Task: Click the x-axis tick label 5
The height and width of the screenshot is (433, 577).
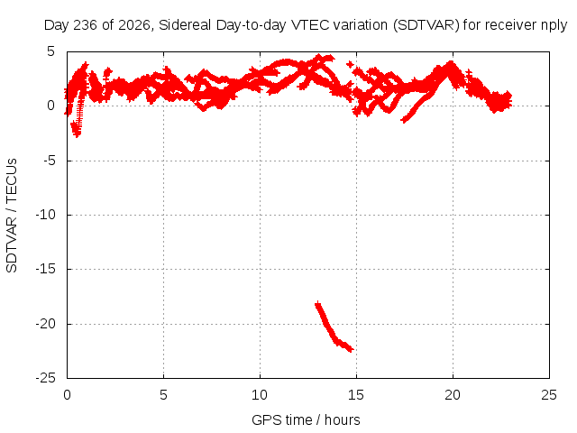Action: coord(163,395)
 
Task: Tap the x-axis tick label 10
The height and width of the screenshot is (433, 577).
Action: coord(260,395)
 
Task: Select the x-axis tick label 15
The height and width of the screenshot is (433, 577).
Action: coord(356,395)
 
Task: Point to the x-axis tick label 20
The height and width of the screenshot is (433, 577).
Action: coord(453,395)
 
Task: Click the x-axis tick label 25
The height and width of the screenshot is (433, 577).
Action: coord(549,395)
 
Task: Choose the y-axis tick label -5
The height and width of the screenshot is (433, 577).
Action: coord(48,161)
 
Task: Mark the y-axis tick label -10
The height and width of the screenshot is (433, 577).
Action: coord(45,215)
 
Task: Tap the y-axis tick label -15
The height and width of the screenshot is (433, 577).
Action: coord(45,269)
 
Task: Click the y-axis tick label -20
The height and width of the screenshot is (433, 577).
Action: coord(45,324)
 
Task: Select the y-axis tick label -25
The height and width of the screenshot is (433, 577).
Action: coord(45,378)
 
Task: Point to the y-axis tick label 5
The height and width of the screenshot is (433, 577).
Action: coord(50,51)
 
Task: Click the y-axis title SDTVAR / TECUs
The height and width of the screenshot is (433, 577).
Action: coord(12,216)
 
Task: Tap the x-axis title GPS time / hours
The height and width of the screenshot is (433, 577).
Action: coord(306,419)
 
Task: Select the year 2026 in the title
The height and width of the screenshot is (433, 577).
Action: coord(134,25)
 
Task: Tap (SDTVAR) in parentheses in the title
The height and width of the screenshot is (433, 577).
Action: coord(426,25)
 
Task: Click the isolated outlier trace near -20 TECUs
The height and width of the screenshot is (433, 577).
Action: coord(334,327)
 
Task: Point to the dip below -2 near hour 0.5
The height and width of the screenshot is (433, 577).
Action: coord(77,130)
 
